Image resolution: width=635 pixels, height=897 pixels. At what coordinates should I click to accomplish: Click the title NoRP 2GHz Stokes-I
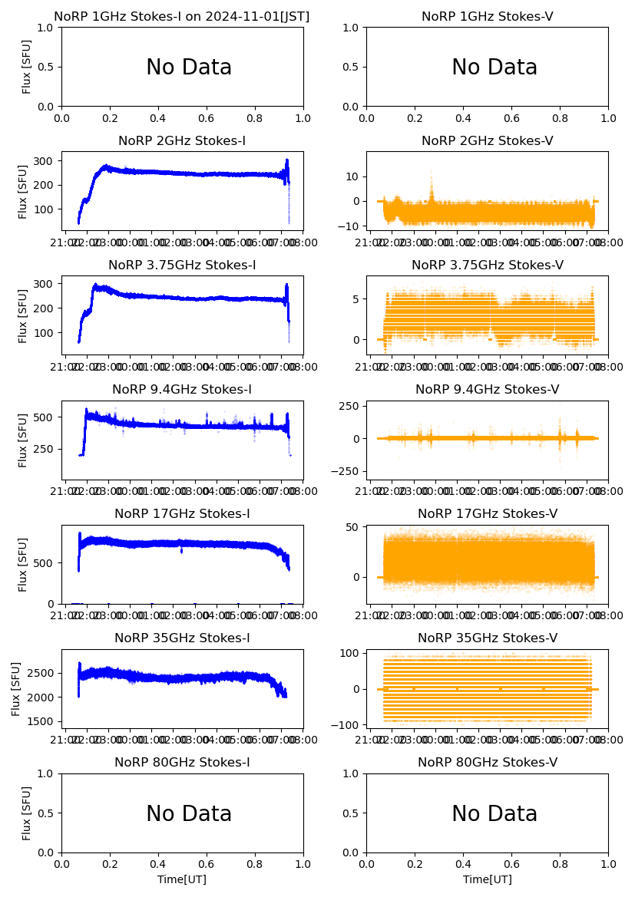[182, 141]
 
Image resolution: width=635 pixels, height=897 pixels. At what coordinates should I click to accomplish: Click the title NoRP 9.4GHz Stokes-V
[487, 390]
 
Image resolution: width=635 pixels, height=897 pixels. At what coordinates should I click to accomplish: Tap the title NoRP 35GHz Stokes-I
[182, 638]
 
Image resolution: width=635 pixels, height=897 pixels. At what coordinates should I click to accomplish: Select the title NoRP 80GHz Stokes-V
[487, 763]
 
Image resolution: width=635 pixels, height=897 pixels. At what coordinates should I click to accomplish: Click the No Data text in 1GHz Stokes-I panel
[189, 68]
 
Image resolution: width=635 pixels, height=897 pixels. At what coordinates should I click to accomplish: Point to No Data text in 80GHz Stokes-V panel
[494, 814]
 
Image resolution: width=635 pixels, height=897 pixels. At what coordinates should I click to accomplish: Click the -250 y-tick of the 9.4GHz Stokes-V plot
[346, 471]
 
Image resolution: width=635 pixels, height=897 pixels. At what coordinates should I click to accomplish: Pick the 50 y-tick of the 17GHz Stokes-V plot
[353, 527]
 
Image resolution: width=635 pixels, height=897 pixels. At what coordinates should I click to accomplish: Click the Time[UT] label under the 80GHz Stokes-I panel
[182, 879]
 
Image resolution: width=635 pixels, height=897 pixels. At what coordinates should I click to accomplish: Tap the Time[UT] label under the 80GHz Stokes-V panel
[487, 879]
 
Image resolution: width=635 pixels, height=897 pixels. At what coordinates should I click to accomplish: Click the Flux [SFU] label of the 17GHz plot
[23, 564]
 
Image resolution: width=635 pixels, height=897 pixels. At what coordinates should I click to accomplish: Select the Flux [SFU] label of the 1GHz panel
[27, 67]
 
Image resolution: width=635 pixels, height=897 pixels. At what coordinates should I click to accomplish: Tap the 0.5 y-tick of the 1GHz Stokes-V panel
[351, 67]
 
